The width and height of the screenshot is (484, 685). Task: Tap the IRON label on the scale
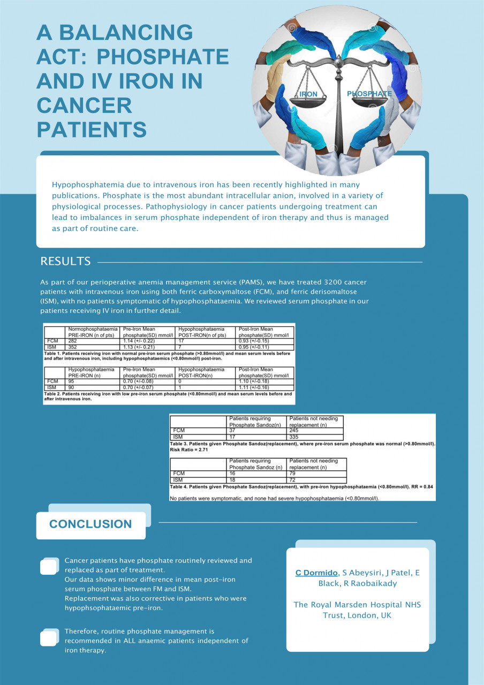[x=308, y=94]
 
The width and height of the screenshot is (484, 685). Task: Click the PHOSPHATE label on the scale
[x=369, y=94]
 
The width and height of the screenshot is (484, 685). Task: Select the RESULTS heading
[x=65, y=262]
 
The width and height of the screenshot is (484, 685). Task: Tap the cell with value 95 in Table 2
[x=72, y=380]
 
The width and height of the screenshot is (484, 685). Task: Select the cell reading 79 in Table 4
[x=292, y=473]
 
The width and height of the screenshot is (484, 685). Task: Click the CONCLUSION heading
[x=90, y=524]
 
